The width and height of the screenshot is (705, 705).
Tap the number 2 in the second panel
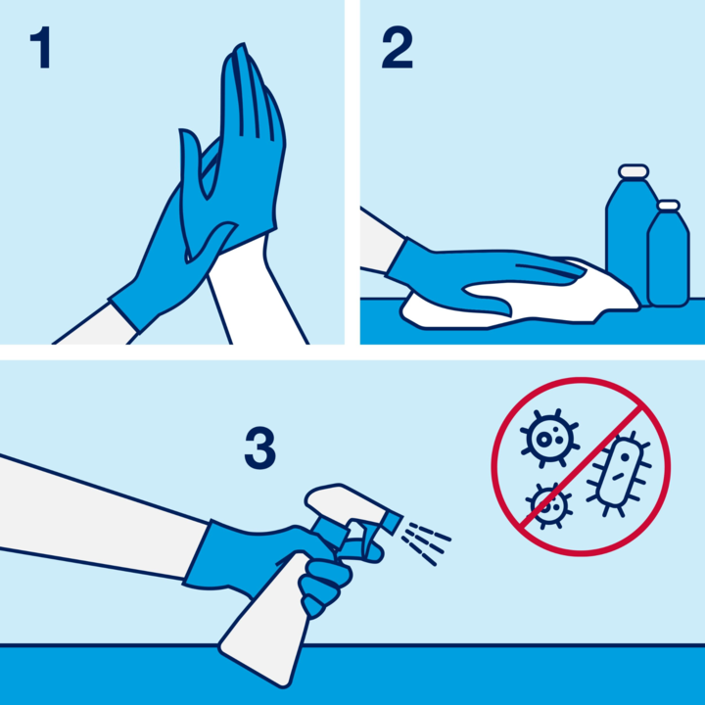(397, 48)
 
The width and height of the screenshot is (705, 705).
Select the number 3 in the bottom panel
(259, 448)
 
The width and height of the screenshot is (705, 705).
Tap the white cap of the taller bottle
(634, 171)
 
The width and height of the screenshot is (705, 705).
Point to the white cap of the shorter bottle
(669, 206)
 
